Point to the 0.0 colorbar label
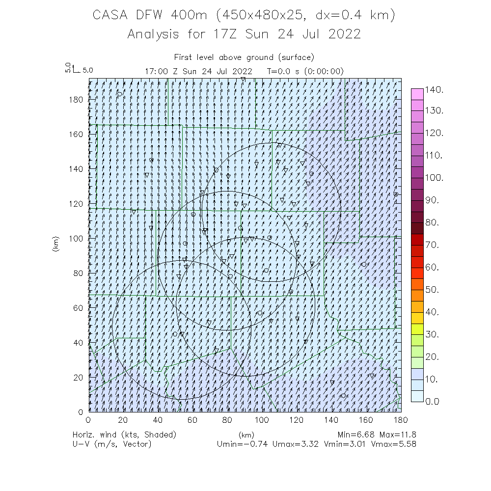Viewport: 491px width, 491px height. [x=435, y=401]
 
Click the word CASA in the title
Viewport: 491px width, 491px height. [x=111, y=16]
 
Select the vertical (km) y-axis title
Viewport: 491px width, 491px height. [x=55, y=244]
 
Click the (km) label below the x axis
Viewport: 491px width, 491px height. [x=246, y=435]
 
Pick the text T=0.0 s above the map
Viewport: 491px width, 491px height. [x=284, y=71]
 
